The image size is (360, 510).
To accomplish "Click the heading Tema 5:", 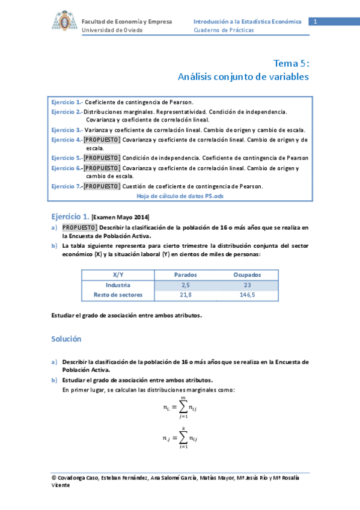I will pos(291,63).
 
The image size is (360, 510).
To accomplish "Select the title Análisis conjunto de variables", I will pos(243,77).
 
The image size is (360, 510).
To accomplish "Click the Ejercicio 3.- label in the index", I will pos(67,130).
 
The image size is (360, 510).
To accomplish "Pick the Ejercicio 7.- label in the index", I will pos(67,186).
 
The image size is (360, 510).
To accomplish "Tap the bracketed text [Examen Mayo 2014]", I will pos(121,217).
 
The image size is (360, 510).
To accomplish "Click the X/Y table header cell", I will pos(118,274).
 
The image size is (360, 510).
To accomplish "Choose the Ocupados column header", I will pos(247,274).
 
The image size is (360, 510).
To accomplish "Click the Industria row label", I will pos(118,284).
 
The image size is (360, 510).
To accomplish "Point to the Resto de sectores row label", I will pos(118,295).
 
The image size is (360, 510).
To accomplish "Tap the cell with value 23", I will pos(247,284).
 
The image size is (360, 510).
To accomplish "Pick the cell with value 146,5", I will pos(247,295).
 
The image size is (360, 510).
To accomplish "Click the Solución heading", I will pos(66,339).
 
